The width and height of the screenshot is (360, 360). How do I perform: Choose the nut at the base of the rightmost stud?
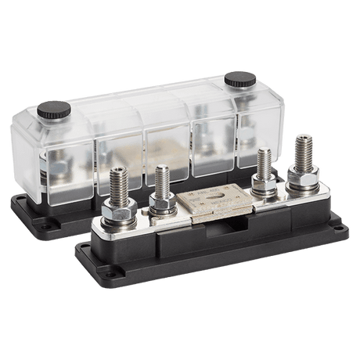pyautogui.click(x=299, y=185)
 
